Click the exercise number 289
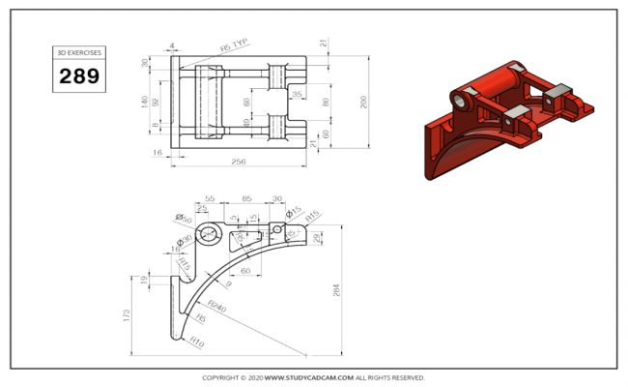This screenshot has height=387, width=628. point(79,76)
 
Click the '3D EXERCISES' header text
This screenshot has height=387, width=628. point(79,52)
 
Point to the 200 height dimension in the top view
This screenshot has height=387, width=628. point(364,104)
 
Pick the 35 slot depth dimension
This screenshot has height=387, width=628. point(297,95)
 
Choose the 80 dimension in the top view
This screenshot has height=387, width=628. point(326,102)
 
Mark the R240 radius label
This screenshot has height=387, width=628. point(215,308)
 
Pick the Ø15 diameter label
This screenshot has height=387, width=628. point(294,212)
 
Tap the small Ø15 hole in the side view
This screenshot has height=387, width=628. point(278,230)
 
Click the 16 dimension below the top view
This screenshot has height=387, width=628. point(157,153)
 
